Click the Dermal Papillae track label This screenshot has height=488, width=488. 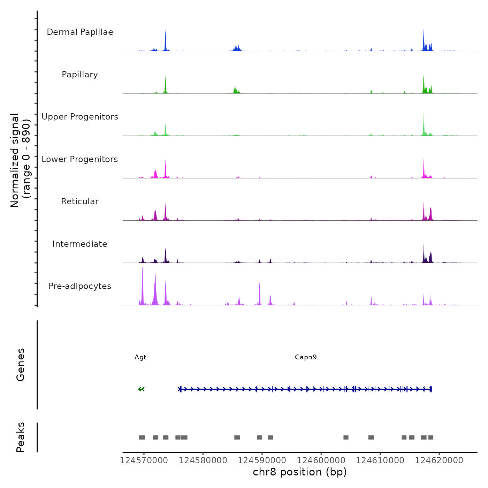[x=80, y=32]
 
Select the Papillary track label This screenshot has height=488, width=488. [x=80, y=75]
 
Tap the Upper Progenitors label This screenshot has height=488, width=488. [x=80, y=117]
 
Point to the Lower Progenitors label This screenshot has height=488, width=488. [x=80, y=159]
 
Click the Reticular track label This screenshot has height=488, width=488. [x=80, y=201]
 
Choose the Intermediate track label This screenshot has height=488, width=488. [x=80, y=244]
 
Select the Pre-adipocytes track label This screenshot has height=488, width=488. [x=80, y=286]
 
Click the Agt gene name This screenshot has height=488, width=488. [x=140, y=357]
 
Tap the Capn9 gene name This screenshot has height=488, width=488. [x=306, y=357]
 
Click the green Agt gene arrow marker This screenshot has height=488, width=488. [x=141, y=389]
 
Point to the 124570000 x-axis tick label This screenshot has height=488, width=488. [x=144, y=460]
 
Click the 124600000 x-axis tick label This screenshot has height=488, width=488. [x=321, y=460]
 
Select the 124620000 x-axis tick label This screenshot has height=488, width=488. [x=439, y=460]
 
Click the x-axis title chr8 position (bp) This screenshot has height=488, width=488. [x=300, y=472]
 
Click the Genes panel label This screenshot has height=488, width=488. [x=21, y=365]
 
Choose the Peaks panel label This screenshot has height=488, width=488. [x=21, y=437]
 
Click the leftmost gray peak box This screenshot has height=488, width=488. [x=142, y=437]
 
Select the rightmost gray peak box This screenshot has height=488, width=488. [x=431, y=437]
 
